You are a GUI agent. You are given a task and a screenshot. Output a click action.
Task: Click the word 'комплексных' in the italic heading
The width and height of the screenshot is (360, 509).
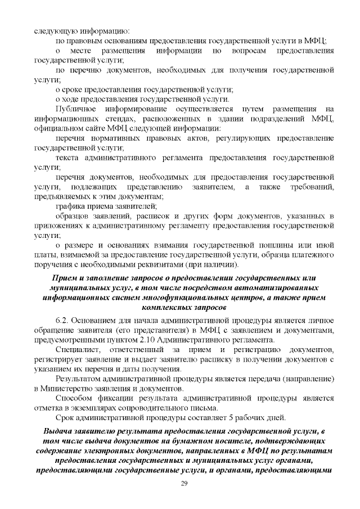pos(161,307)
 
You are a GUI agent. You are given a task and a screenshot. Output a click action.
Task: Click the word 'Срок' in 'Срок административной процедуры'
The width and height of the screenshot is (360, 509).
pos(66,418)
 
